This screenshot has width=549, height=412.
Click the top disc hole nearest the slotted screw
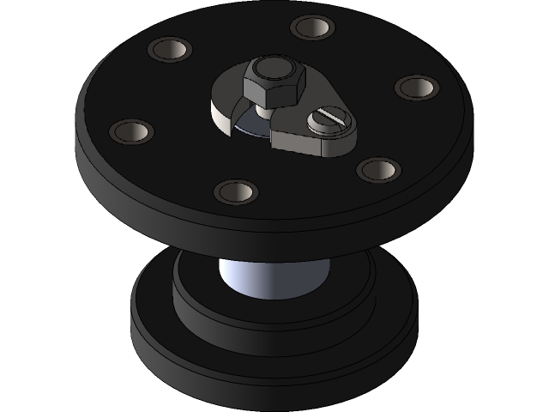point(378,169)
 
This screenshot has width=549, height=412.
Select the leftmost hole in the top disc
point(131,131)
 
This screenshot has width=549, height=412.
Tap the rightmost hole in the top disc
point(417,87)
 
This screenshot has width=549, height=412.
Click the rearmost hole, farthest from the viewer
point(311,27)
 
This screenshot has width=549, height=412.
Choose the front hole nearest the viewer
point(236,191)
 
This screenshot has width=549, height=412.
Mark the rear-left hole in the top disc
point(169,49)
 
